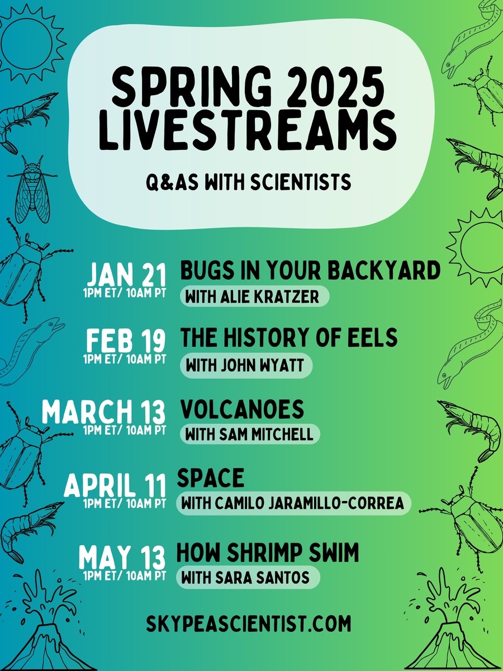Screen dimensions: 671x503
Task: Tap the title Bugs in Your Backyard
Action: (x=310, y=271)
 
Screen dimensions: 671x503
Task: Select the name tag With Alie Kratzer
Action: (x=253, y=297)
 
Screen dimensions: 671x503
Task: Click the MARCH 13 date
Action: (x=105, y=412)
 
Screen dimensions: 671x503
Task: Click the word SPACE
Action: (x=211, y=478)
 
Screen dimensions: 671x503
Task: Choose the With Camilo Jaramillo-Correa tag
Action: (x=293, y=503)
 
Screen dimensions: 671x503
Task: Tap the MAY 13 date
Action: (x=122, y=558)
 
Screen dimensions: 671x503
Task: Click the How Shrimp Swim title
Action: (x=267, y=553)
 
